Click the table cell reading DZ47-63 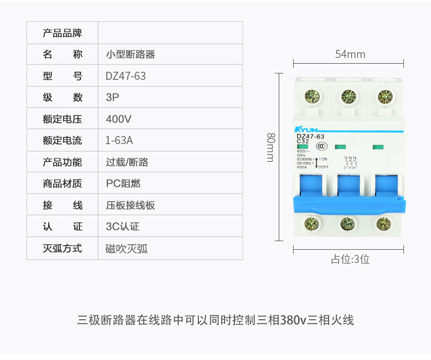pos(125,76)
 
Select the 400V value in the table pos(119,119)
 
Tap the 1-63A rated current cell pos(119,141)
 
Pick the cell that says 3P pos(112,98)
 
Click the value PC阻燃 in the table pos(123,184)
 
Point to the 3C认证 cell pos(122,227)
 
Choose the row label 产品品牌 pos(63,33)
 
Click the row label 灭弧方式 pos(63,249)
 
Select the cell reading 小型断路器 pos(130,55)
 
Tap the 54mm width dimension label pos(350,55)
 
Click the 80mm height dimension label pos(271,147)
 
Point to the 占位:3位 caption pos(350,259)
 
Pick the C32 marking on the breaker pos(303,141)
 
